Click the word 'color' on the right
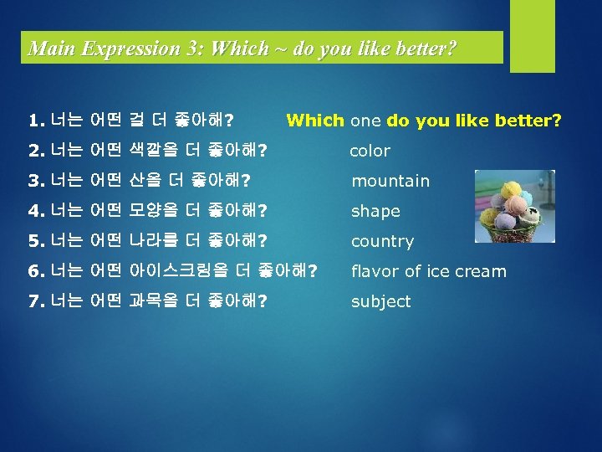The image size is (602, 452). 370,151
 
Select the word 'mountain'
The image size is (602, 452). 390,181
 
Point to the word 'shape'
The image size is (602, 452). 375,212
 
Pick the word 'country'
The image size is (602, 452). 382,241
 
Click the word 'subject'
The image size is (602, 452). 380,301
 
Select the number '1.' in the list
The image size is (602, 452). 35,121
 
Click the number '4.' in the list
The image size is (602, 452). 35,211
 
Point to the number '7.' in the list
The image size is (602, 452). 35,301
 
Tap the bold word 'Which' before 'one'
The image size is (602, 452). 315,121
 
